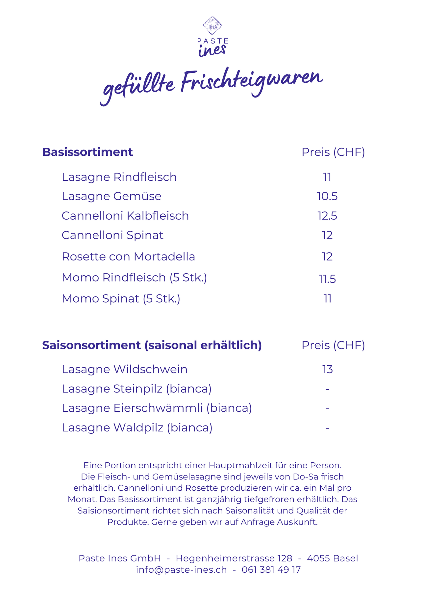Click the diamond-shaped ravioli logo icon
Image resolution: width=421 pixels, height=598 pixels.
pos(212,25)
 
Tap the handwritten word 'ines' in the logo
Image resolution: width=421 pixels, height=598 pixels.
pos(212,50)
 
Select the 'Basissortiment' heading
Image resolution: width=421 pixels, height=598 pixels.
pos(87,152)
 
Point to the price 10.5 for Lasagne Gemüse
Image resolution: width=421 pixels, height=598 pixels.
pos(327,196)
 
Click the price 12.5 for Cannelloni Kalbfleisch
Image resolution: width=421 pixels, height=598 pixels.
pos(327,216)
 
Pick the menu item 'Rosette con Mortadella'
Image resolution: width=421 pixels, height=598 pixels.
pos(128,257)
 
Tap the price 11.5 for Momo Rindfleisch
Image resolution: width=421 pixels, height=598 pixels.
pos(327,279)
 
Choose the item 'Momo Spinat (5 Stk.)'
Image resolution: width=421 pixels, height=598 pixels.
pos(121,299)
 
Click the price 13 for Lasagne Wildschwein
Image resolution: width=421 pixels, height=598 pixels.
pos(327,369)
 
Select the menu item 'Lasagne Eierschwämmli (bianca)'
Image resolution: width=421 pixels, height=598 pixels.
pos(157,408)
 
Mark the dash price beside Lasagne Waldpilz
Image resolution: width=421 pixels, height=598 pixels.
pos(327,428)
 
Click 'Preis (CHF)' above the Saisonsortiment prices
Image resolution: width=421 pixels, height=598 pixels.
pos(333,345)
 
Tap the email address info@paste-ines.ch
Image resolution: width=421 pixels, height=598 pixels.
pos(181,570)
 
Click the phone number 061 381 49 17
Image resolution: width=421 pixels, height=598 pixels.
pos(271,570)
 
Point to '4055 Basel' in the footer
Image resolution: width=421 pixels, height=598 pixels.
pos(332,558)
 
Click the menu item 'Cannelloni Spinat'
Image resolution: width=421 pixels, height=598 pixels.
pos(112,235)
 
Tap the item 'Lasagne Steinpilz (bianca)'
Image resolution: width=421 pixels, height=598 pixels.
pos(136,389)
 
